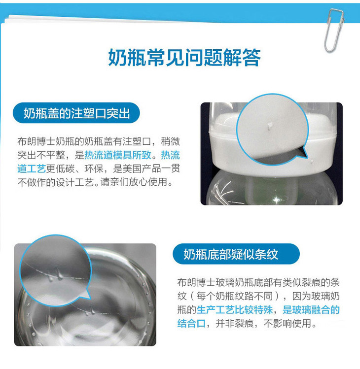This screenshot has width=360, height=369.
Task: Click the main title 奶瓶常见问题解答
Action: coord(184,57)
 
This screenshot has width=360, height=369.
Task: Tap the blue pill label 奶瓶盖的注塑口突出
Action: coord(76,113)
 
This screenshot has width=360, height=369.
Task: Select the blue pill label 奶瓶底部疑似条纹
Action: coord(236,254)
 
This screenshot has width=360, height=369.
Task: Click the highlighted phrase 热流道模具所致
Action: coord(118,155)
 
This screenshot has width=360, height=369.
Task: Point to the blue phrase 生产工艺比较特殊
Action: coord(235,310)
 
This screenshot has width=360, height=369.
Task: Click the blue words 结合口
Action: coord(191,323)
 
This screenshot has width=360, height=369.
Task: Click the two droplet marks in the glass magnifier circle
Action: coord(56,275)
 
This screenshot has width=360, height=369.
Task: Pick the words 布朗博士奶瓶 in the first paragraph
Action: coord(46,141)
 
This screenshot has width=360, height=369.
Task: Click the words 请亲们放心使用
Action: coord(134,182)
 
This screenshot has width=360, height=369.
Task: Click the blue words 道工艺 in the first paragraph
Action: coord(32,168)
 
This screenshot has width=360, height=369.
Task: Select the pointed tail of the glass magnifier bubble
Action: coord(87,296)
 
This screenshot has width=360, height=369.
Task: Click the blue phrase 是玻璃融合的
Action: coord(311,310)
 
